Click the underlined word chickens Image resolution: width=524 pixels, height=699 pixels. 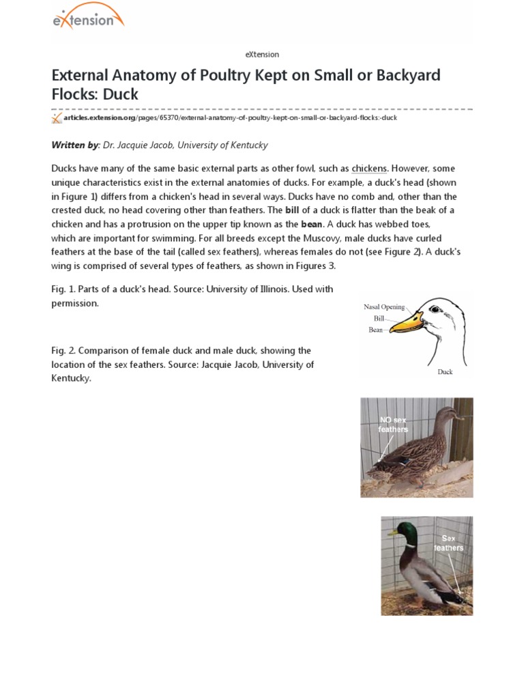tap(369, 168)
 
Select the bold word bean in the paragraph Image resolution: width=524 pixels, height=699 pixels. tap(312, 223)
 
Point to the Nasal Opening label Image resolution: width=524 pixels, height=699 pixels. tap(384, 307)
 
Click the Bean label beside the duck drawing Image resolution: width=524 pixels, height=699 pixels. tap(376, 329)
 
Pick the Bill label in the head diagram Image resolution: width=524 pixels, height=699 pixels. tap(379, 318)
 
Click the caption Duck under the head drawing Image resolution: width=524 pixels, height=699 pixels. tap(445, 372)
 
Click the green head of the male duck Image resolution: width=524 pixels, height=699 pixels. tap(401, 532)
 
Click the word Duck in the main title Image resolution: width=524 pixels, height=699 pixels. tap(121, 94)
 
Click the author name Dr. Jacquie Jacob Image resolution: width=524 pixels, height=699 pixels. tap(139, 145)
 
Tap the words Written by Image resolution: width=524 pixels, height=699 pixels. tap(76, 145)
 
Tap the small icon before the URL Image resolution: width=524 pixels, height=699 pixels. tap(57, 118)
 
